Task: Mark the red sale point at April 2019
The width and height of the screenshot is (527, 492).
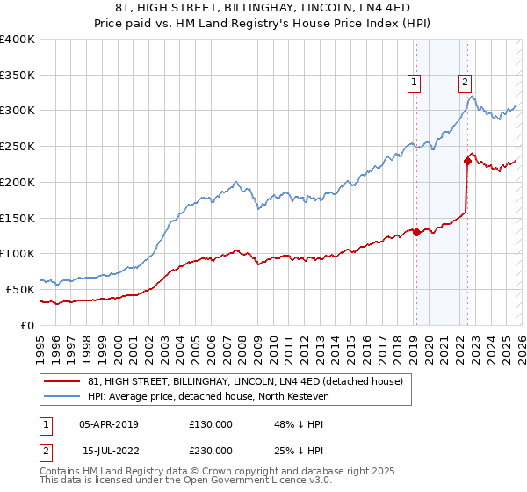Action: click(416, 232)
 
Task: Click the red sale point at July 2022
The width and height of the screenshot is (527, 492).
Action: click(467, 161)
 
